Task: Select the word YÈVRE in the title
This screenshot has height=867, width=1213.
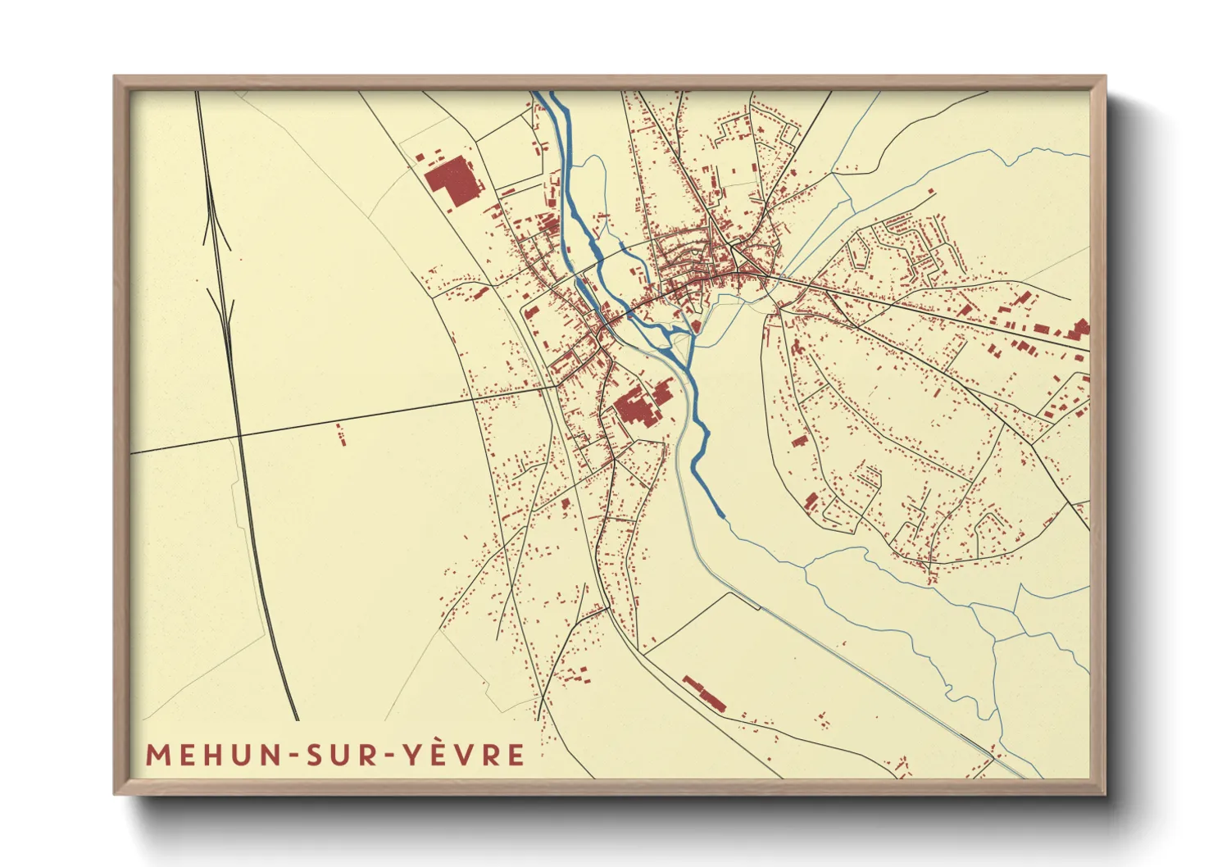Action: coord(464,755)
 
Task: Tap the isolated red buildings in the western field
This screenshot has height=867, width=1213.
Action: coord(340,434)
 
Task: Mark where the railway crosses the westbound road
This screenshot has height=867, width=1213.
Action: coord(239,438)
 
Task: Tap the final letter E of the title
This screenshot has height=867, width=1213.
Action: coord(516,755)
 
